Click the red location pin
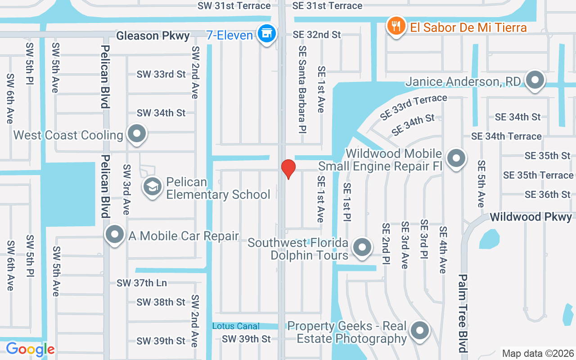[288, 169]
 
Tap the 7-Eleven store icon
[267, 33]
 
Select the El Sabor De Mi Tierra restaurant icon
[396, 26]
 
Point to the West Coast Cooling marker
[136, 134]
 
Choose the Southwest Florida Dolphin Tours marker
[362, 247]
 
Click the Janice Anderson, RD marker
[535, 80]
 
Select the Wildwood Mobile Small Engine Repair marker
[457, 158]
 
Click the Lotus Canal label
[236, 326]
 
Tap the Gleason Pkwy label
[153, 36]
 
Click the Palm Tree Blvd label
[463, 313]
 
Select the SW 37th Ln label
[142, 283]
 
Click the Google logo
[30, 349]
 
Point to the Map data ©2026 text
[538, 353]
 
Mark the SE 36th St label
[547, 194]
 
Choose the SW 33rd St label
[161, 74]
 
